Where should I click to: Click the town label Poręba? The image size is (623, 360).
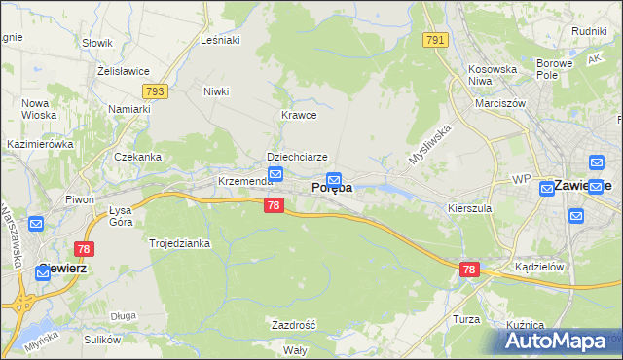(331, 189)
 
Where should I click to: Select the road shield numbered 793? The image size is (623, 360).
(154, 91)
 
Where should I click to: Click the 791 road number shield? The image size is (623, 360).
(435, 40)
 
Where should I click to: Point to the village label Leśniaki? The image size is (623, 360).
(220, 40)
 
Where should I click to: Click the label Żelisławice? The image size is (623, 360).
(122, 71)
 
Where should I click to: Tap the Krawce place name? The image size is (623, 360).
(299, 115)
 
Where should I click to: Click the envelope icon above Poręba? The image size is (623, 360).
(334, 179)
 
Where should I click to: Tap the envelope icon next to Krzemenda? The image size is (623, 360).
(275, 174)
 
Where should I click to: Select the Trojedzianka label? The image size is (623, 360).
(179, 243)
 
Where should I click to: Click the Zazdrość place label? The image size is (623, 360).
(293, 324)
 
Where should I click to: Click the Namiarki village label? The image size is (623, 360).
(129, 109)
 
